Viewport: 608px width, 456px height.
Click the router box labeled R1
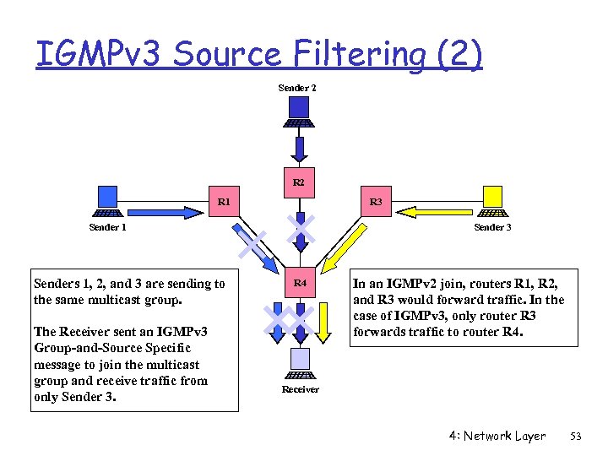click(x=224, y=203)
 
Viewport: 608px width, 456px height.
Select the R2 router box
click(x=299, y=182)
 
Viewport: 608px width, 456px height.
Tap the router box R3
click(x=376, y=203)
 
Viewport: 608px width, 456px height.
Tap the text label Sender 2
click(x=297, y=88)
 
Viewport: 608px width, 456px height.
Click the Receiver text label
click(x=300, y=389)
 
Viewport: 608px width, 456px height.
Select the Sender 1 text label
click(x=108, y=227)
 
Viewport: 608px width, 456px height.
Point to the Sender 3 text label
click(x=492, y=227)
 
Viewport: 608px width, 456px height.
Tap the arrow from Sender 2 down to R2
click(x=299, y=149)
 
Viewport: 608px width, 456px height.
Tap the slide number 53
click(x=577, y=437)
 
